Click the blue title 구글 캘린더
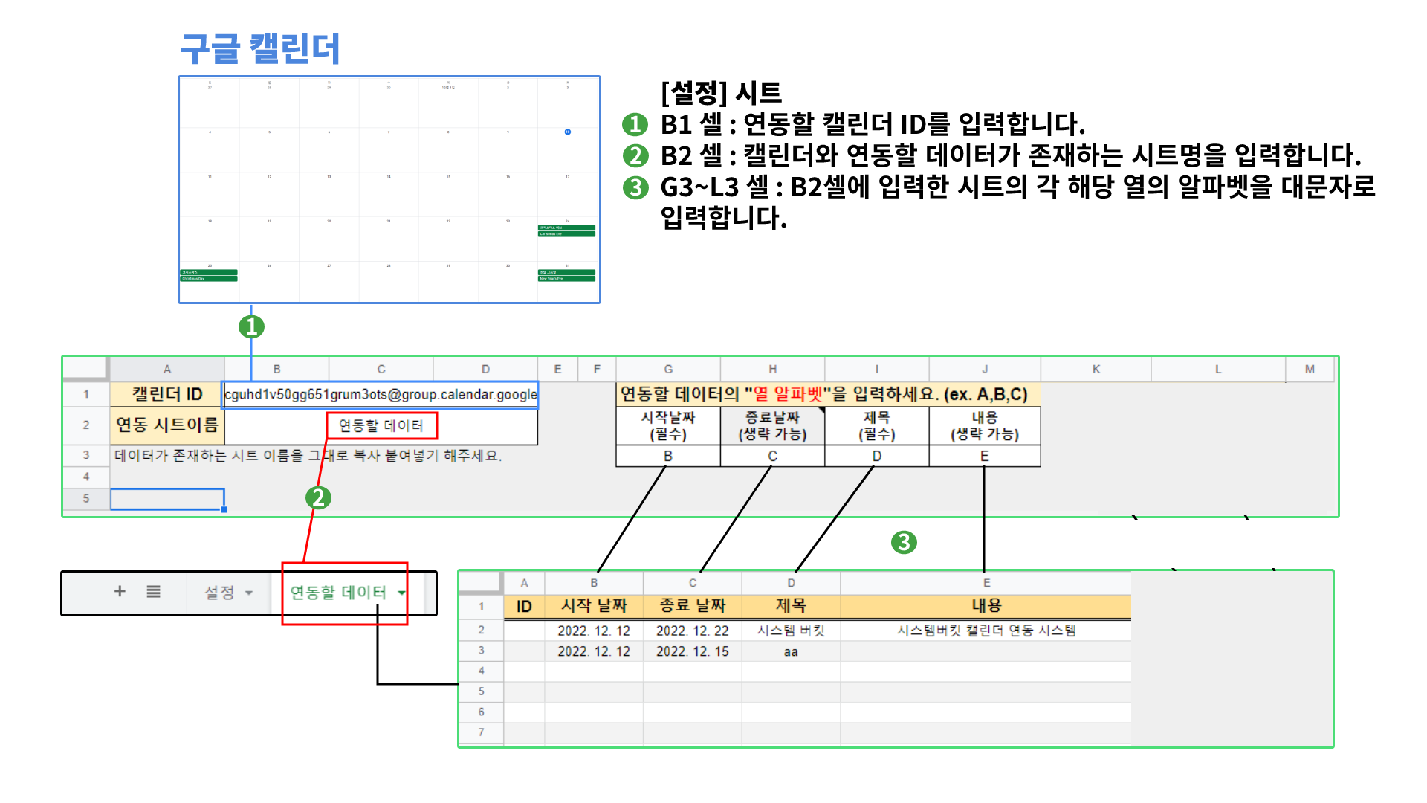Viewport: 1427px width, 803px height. point(260,48)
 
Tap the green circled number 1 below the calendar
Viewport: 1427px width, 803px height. point(251,326)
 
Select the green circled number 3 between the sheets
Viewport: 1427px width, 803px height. point(904,542)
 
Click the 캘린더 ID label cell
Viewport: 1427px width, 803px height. point(167,394)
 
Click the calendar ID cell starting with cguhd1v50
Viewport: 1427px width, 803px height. point(381,394)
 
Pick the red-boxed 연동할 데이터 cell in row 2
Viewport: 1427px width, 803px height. point(381,425)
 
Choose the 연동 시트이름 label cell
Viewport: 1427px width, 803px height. point(167,425)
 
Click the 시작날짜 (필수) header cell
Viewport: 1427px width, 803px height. point(668,426)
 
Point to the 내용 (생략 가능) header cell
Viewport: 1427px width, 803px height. point(984,426)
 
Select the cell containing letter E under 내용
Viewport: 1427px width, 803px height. point(984,456)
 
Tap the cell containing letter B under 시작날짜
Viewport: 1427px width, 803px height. point(668,456)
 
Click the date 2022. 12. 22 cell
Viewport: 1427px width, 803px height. point(692,631)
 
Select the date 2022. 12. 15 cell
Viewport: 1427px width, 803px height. point(692,651)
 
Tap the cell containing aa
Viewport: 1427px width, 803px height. point(791,652)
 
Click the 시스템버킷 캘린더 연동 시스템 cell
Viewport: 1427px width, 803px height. point(986,631)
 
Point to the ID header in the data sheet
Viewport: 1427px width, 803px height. point(524,606)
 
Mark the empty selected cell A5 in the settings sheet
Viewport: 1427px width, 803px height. point(167,499)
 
